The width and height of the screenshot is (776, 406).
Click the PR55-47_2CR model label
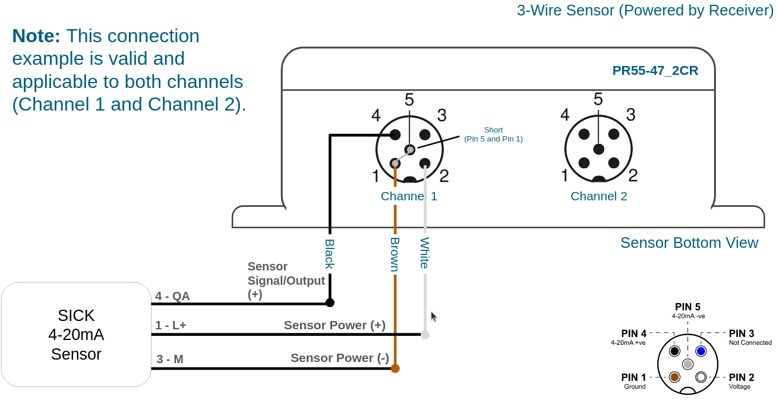(655, 71)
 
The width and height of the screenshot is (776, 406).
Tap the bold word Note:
(36, 36)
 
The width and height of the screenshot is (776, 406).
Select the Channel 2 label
(598, 196)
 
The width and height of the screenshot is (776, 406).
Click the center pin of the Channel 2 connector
(598, 149)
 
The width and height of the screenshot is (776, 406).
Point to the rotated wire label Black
(329, 254)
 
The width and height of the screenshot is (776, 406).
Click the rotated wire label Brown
(395, 254)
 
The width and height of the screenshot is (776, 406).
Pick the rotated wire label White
(425, 253)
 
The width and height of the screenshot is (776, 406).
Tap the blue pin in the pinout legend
(701, 351)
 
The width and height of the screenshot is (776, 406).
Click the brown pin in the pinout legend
(674, 377)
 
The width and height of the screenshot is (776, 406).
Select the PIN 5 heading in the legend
(687, 307)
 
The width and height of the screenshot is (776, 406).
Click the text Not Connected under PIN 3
(750, 342)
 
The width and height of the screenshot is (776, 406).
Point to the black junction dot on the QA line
(330, 303)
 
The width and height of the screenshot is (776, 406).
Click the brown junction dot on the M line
(395, 368)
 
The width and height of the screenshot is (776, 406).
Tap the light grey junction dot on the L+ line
(425, 335)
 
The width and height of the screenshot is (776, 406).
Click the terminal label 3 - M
(170, 359)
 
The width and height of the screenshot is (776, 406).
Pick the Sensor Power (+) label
(335, 325)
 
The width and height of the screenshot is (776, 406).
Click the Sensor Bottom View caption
(689, 243)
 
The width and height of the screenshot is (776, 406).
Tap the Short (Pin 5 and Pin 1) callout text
(493, 134)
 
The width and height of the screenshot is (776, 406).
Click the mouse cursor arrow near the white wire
(434, 317)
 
